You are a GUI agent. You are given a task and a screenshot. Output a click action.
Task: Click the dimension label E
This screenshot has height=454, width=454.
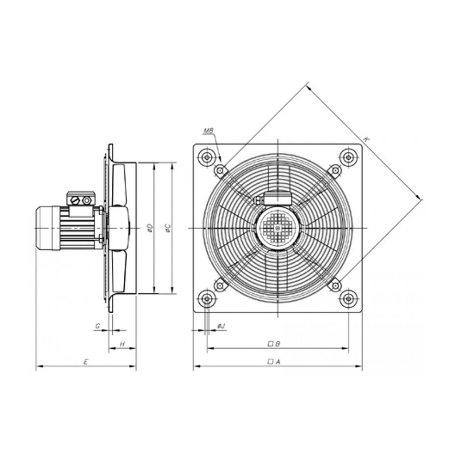click(x=86, y=361)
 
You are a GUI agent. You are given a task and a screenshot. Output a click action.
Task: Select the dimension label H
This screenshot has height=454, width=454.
click(x=122, y=344)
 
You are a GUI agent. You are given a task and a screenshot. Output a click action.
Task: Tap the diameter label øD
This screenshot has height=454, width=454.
click(x=149, y=228)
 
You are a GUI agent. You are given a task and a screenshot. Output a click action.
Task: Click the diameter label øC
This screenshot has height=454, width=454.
click(x=167, y=228)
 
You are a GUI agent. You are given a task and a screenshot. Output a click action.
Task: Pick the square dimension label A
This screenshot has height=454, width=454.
click(x=274, y=361)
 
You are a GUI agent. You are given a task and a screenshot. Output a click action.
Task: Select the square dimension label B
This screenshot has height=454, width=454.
click(x=274, y=343)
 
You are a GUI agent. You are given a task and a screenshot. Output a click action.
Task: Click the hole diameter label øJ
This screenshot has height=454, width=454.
click(x=221, y=325)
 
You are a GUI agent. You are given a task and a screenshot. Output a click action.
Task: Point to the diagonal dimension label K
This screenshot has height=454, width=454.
click(x=367, y=139)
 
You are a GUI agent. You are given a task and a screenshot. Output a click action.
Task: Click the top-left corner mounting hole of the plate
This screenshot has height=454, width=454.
click(x=208, y=156)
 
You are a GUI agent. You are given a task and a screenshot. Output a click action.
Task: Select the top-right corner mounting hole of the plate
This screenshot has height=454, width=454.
click(x=348, y=156)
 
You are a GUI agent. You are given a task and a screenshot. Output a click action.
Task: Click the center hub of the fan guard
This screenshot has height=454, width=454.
click(x=278, y=228)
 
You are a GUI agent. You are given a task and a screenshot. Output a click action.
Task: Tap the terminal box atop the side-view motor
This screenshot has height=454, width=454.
click(x=79, y=199)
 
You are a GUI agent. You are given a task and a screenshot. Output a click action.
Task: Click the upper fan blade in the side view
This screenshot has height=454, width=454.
click(x=119, y=184)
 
